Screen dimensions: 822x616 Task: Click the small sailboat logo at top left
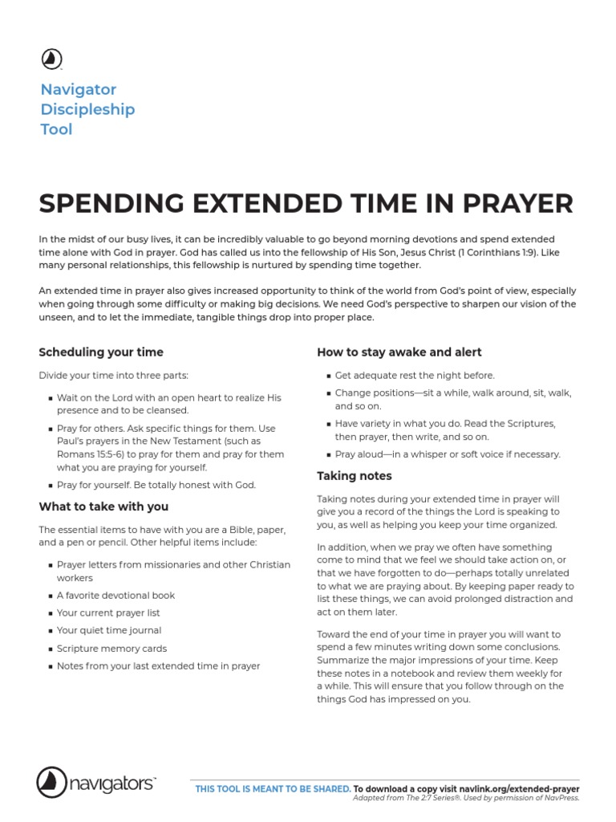pyautogui.click(x=51, y=59)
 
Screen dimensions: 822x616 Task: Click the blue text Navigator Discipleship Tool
pyautogui.click(x=87, y=109)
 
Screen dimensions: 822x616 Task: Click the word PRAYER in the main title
pyautogui.click(x=517, y=204)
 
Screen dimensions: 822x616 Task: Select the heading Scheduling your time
pyautogui.click(x=101, y=352)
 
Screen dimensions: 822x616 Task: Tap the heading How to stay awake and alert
pyautogui.click(x=399, y=352)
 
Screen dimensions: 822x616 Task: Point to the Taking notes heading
pyautogui.click(x=354, y=476)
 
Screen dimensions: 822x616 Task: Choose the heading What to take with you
pyautogui.click(x=103, y=507)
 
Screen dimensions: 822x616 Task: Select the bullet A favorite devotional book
pyautogui.click(x=115, y=596)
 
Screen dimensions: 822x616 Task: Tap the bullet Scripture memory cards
pyautogui.click(x=111, y=649)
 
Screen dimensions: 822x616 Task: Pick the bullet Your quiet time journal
pyautogui.click(x=109, y=631)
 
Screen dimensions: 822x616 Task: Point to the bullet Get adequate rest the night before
pyautogui.click(x=415, y=375)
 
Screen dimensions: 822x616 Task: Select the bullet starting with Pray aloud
pyautogui.click(x=447, y=454)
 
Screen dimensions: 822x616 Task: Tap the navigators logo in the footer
pyautogui.click(x=96, y=782)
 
